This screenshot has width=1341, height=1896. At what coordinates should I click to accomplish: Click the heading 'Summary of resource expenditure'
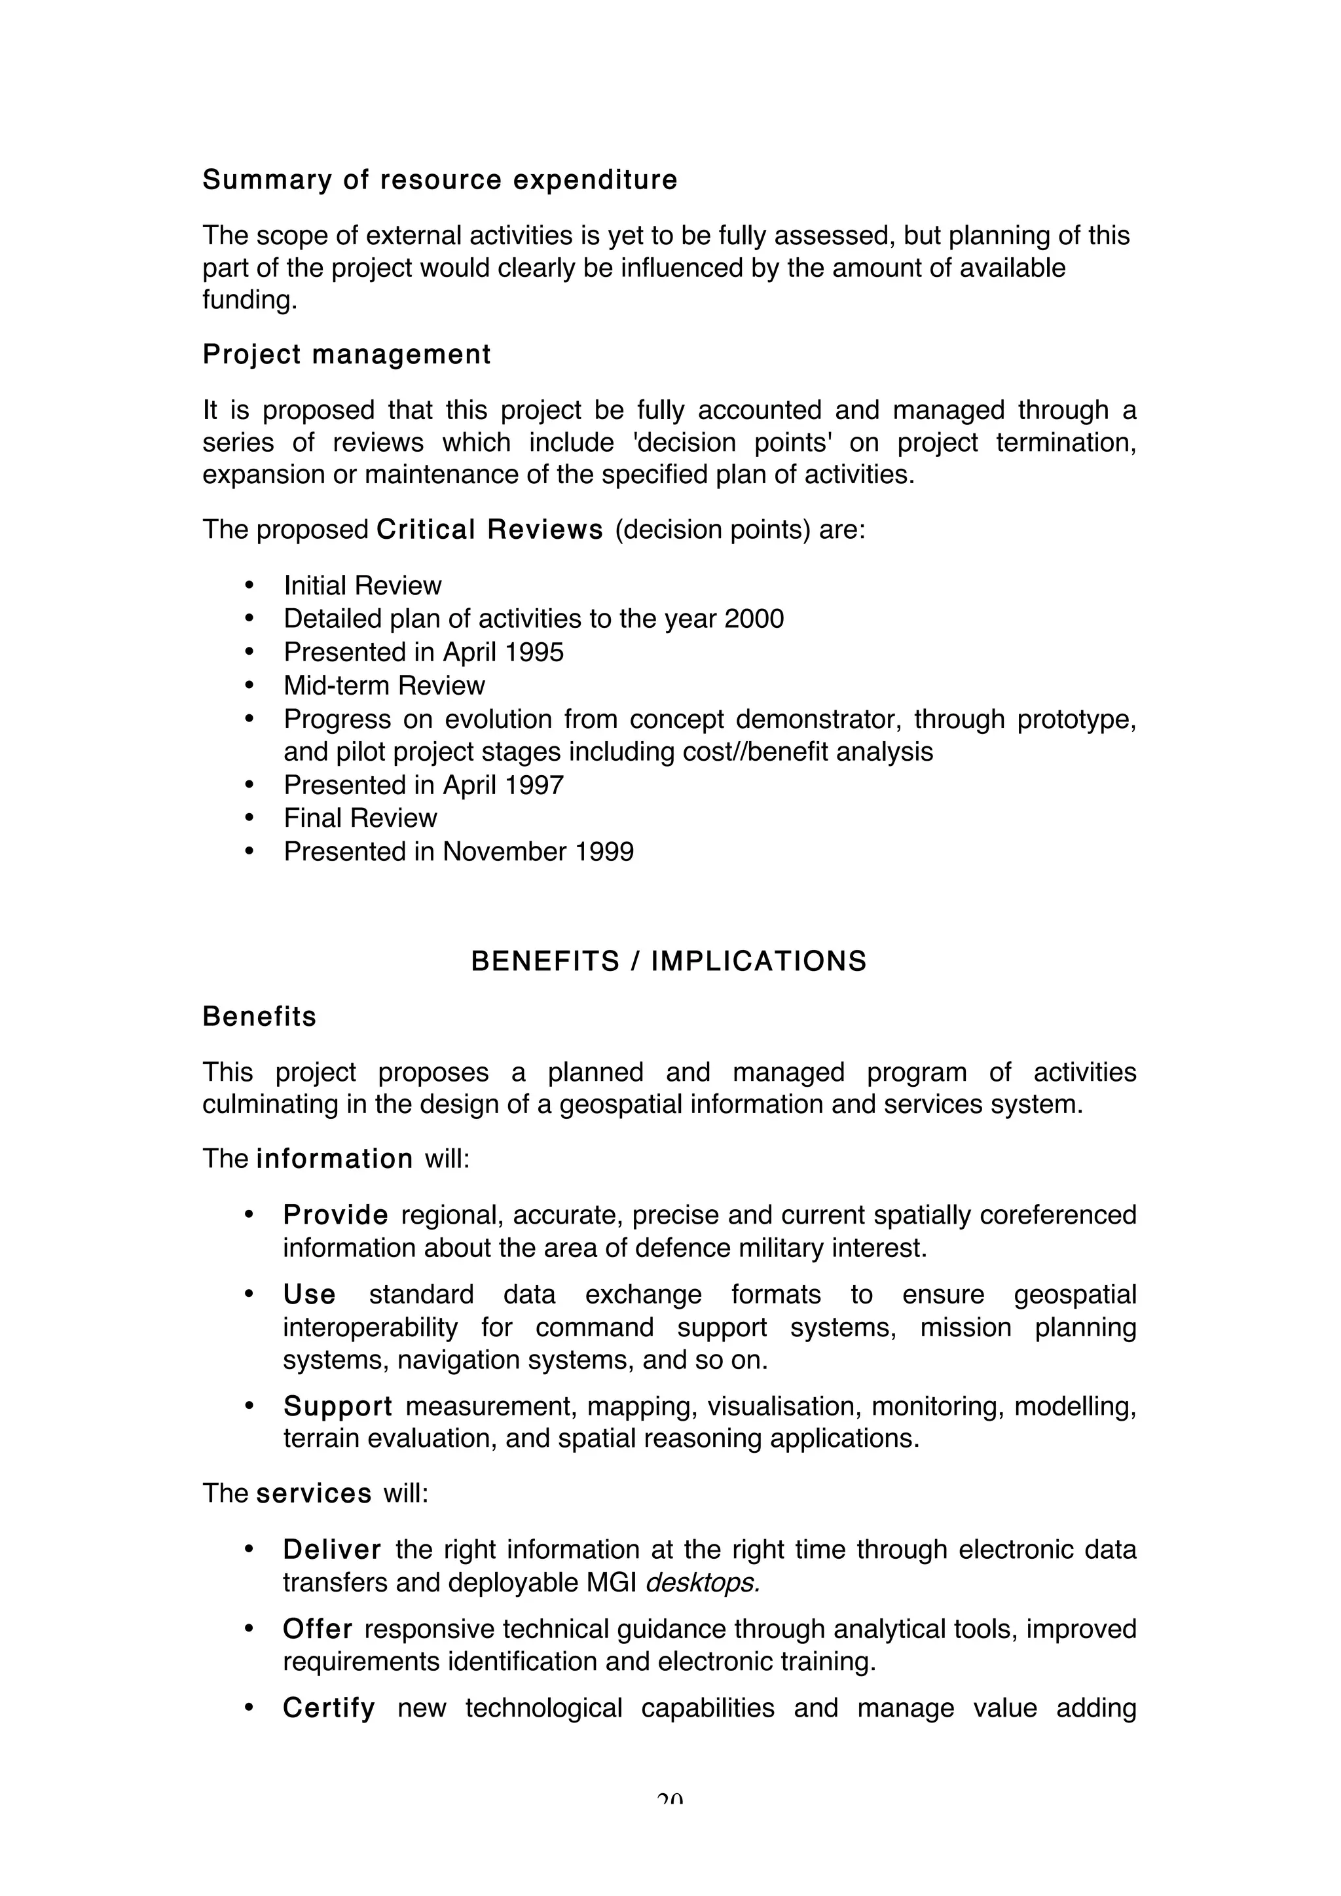click(439, 180)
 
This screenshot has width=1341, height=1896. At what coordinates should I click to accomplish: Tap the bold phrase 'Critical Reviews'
click(490, 530)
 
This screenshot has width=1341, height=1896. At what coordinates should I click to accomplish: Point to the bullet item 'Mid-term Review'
click(384, 685)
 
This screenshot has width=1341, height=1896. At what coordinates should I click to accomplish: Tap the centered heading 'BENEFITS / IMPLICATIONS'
click(669, 961)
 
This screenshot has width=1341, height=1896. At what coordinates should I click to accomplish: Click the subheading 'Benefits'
click(259, 1017)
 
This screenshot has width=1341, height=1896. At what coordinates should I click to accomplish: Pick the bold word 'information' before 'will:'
click(335, 1159)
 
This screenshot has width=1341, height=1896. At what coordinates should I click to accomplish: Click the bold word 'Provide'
click(335, 1214)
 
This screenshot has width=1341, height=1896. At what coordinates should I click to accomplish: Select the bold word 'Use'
click(309, 1294)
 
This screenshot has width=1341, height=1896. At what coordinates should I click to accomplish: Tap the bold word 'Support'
click(338, 1406)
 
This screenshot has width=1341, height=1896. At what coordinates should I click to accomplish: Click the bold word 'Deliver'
click(332, 1549)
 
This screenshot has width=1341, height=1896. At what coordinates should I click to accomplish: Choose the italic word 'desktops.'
click(702, 1582)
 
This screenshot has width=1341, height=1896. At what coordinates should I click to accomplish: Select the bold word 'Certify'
click(329, 1707)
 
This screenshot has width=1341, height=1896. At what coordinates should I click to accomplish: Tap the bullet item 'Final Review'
click(360, 818)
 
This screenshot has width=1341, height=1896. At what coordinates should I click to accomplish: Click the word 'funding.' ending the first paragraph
click(249, 299)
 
